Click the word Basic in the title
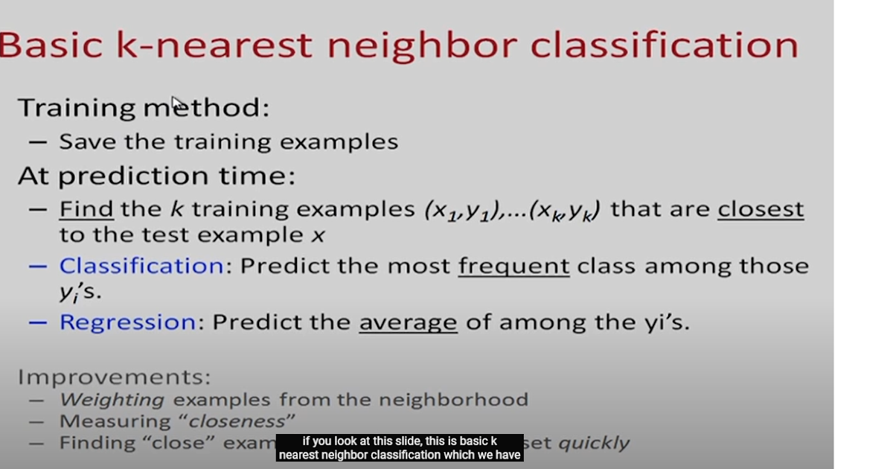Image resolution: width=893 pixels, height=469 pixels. (x=51, y=45)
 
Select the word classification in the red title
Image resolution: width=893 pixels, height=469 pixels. (x=664, y=45)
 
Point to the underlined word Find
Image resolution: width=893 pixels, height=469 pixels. (x=86, y=209)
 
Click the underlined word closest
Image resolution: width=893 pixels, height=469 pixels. (x=761, y=209)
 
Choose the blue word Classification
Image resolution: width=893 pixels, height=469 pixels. (x=141, y=266)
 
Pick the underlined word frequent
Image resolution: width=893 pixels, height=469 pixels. (x=513, y=266)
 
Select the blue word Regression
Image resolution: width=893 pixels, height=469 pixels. (x=127, y=322)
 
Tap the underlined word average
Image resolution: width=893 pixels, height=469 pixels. (x=408, y=322)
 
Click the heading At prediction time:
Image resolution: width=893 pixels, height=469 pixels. (x=156, y=176)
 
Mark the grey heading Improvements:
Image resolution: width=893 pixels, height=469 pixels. (x=114, y=377)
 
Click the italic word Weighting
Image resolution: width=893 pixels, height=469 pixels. (x=112, y=400)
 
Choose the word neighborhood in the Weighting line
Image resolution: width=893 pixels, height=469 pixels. (x=453, y=400)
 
